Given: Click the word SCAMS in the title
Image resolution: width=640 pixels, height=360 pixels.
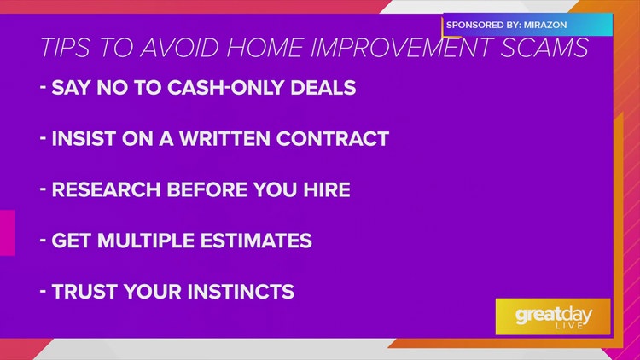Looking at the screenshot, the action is click(x=544, y=48).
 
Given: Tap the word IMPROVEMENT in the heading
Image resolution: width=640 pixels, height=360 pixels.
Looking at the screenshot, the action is click(x=402, y=48).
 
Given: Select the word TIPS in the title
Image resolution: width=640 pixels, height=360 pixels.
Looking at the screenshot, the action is click(x=66, y=48).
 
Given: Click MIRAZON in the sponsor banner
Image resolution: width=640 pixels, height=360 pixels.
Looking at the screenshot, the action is click(x=545, y=25).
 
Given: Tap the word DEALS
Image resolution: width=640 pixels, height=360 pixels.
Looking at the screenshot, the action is click(x=323, y=88).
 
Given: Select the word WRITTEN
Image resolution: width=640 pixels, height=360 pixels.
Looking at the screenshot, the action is click(x=224, y=139).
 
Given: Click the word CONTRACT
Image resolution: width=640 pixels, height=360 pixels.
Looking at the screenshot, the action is click(x=333, y=139).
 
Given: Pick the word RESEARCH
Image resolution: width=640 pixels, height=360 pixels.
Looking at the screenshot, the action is click(x=106, y=189).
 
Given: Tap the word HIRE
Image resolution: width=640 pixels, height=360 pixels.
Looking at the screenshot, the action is click(x=327, y=189).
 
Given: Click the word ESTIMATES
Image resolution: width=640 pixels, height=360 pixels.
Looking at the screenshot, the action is click(x=256, y=241).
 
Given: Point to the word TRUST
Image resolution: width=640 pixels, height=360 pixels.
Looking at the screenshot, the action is click(x=84, y=292).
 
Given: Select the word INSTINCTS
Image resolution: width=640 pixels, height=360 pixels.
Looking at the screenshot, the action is click(x=241, y=292).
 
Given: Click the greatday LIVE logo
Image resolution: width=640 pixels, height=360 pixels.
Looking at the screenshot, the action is click(x=553, y=316).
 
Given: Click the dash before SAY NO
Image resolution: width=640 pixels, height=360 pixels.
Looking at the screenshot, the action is click(x=43, y=86).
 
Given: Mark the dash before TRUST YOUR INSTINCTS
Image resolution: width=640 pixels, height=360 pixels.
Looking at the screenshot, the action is click(x=43, y=291).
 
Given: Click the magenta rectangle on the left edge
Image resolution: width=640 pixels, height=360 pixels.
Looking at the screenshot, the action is click(x=8, y=233).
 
